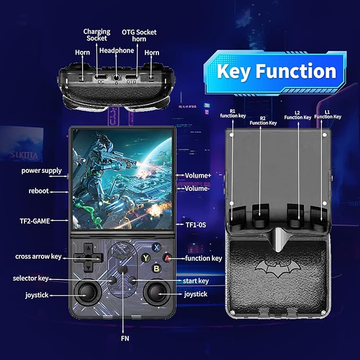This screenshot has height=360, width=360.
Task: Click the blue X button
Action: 156,248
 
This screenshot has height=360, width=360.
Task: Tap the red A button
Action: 167,258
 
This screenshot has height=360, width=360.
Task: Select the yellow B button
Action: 156,269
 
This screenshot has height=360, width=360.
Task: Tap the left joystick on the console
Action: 87,292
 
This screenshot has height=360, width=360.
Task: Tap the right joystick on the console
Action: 157,292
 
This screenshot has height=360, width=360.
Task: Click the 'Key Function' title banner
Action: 276,71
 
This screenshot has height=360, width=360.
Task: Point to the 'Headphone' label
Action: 117,50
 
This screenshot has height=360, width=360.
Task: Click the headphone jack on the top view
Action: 117,77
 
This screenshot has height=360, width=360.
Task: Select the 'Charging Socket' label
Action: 96,35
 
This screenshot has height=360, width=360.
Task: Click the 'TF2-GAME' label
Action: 34,221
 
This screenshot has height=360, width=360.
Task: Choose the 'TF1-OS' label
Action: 196,225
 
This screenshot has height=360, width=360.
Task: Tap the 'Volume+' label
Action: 198,175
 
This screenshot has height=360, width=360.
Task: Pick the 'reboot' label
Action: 39,191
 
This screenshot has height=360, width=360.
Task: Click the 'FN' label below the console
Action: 125,338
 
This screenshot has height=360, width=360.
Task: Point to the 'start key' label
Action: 196,281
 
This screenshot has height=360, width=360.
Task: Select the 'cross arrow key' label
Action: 38,257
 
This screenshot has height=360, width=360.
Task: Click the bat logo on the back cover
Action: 278,269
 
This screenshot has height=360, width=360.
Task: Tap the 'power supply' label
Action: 41,171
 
